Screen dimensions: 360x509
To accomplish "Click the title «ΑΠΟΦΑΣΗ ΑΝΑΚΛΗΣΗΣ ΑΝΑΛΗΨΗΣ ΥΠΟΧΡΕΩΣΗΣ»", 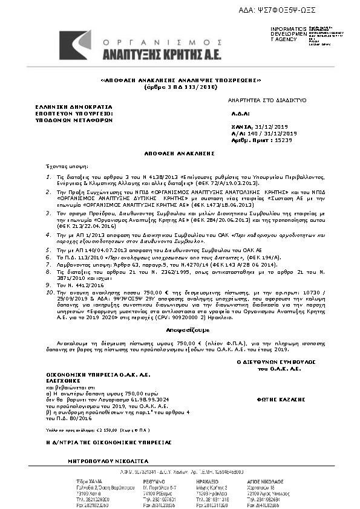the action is pos(180,80).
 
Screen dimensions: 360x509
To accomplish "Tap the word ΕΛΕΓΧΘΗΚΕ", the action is pos(65,381).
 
